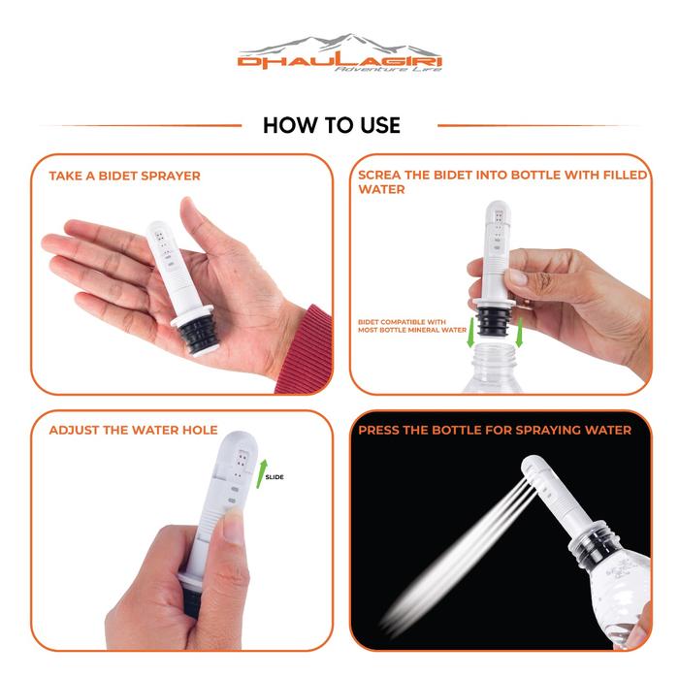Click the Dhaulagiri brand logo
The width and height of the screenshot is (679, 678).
339,52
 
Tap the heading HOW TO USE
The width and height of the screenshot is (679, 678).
332,125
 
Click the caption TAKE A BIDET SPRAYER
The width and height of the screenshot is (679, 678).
125,176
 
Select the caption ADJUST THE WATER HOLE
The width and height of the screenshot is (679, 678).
134,430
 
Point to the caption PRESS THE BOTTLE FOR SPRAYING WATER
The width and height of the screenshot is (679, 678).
495,430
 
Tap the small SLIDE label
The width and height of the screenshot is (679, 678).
275,477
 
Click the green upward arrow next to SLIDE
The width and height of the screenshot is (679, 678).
261,474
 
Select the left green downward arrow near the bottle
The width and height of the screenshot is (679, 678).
471,332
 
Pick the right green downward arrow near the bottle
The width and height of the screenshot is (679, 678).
520,332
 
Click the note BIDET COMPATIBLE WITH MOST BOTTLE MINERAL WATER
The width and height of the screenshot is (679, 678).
412,326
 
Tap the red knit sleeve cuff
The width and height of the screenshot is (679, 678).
306,348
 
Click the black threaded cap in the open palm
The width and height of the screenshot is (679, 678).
198,335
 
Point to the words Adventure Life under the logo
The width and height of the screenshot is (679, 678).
388,69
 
